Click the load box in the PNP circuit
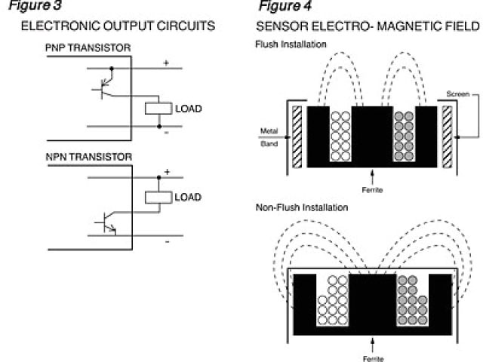(x=158, y=108)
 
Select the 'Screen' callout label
(x=457, y=94)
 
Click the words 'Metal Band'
(x=269, y=136)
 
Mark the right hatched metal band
(x=448, y=137)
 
